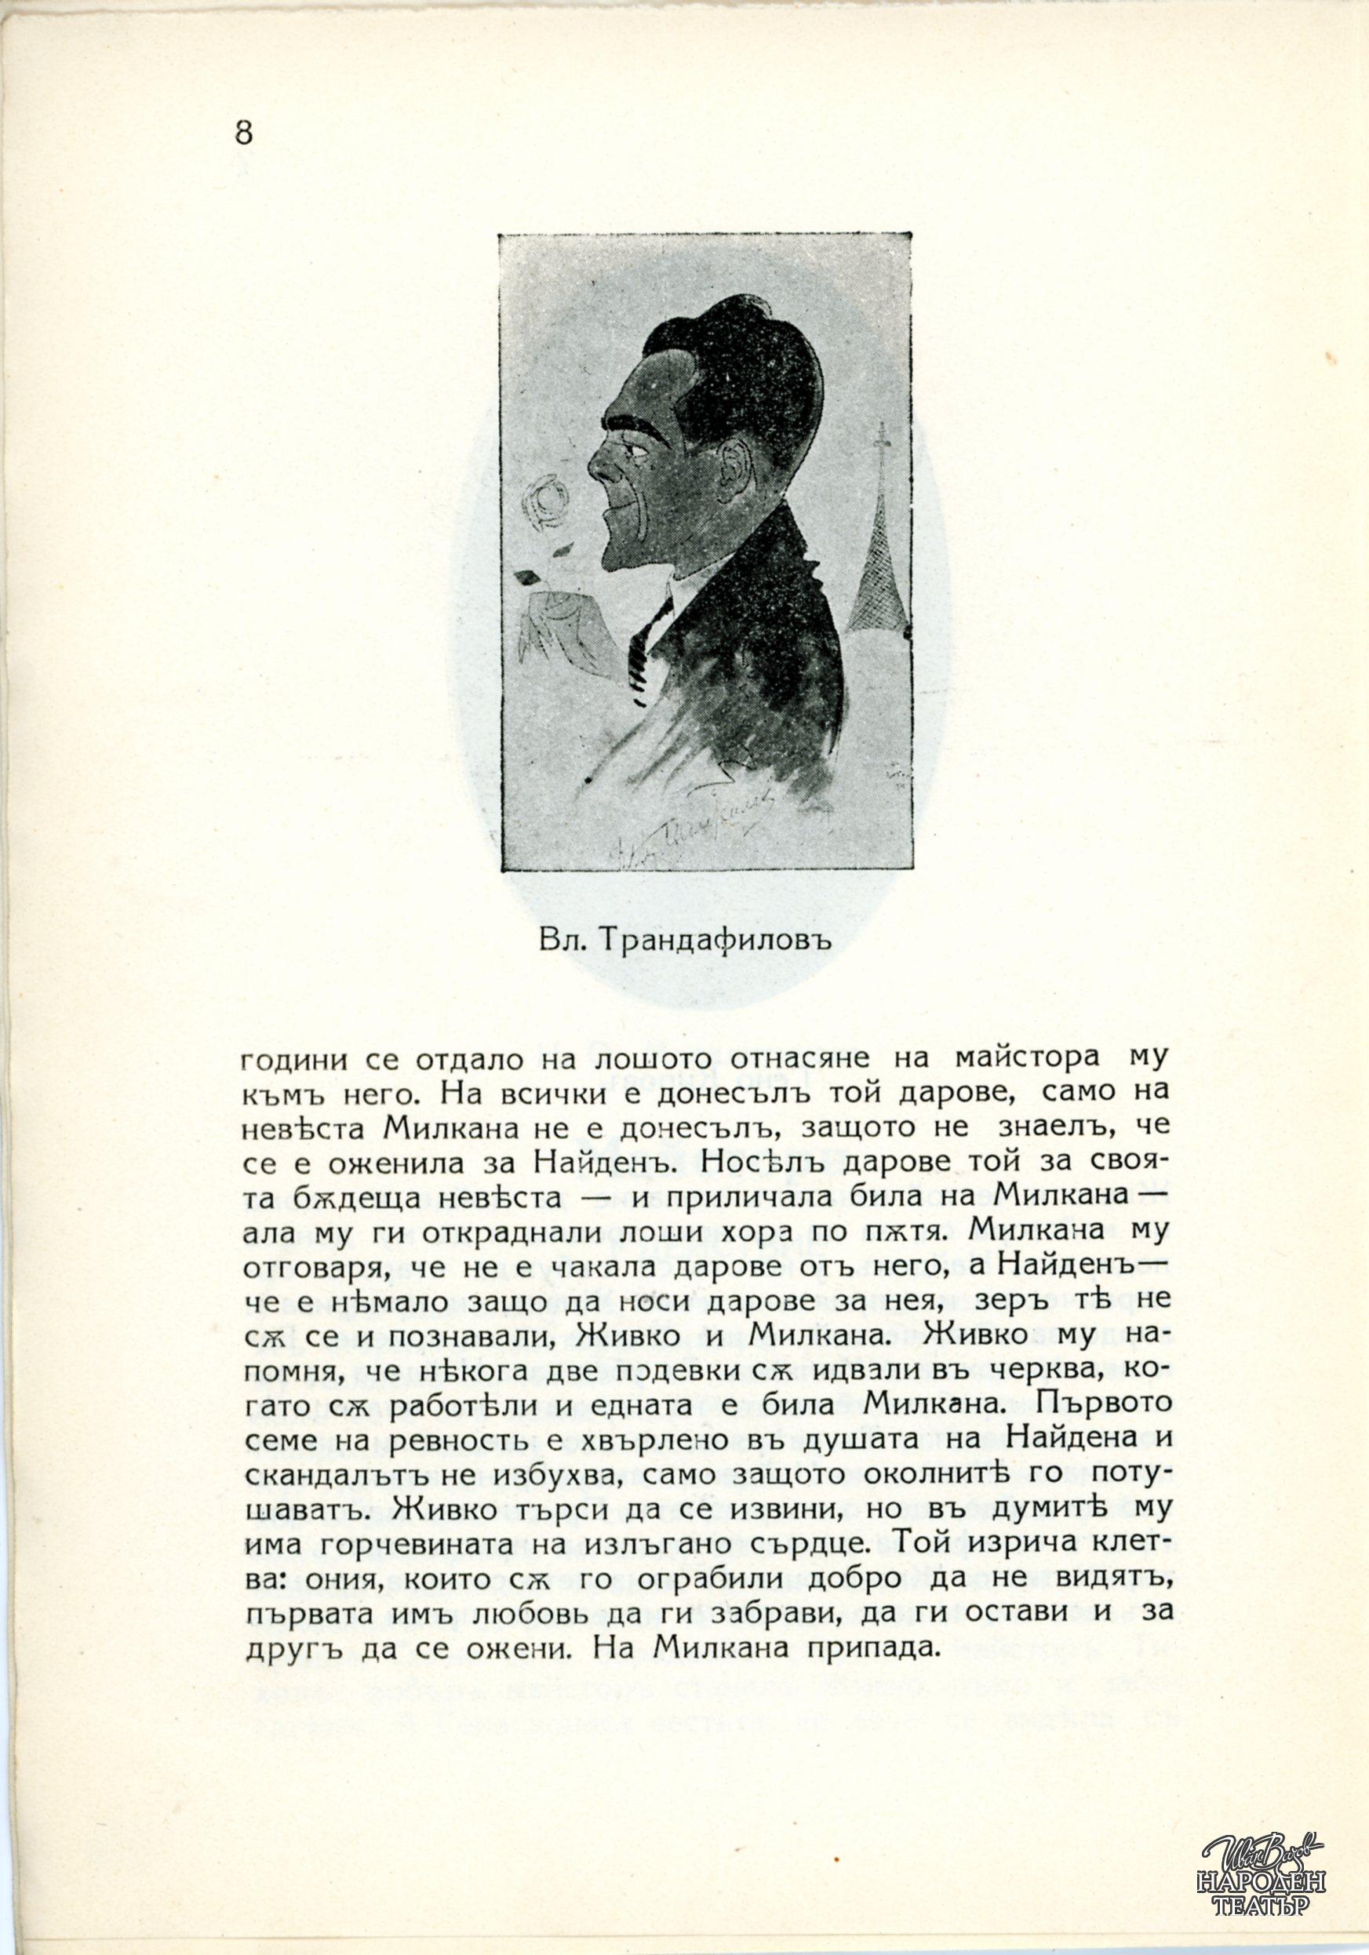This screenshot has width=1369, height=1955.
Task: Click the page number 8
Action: [x=243, y=133]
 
